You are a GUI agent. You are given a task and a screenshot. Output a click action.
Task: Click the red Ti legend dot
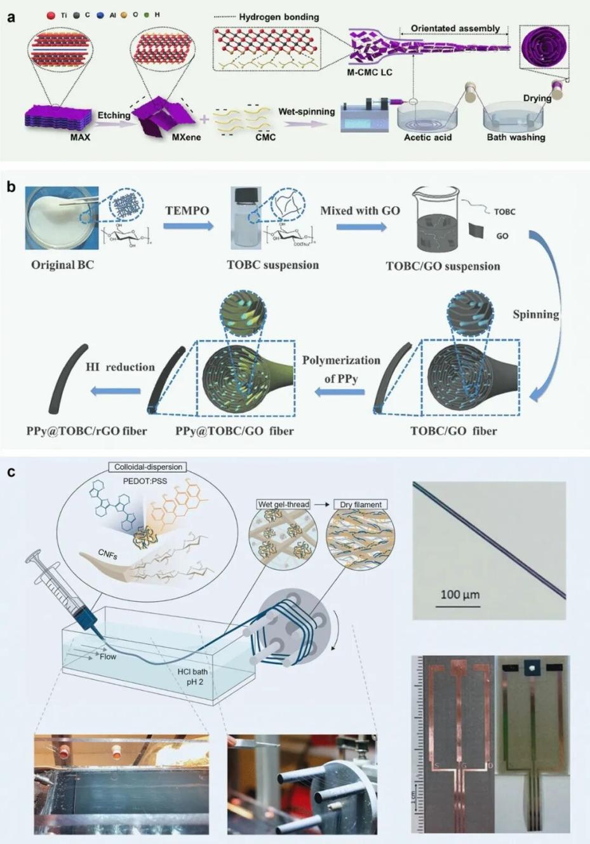tap(51, 15)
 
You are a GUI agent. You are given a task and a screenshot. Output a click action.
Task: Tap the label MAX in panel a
tap(80, 137)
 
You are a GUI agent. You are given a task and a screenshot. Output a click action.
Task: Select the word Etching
tap(114, 115)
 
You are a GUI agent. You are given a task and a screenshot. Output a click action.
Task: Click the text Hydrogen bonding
tap(279, 17)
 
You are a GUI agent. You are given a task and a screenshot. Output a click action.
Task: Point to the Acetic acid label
tap(428, 137)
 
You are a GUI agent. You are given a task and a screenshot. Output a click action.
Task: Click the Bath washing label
tap(516, 137)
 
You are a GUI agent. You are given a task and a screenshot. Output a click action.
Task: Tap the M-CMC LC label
tap(369, 72)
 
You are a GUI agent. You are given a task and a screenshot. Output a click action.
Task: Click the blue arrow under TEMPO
tap(188, 226)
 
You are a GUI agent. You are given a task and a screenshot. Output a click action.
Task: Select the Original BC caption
tap(62, 264)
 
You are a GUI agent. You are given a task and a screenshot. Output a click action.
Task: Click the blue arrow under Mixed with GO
tap(361, 226)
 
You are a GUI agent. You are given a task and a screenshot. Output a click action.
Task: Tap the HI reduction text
tap(120, 367)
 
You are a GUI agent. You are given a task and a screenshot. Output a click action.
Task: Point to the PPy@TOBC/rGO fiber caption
tap(86, 431)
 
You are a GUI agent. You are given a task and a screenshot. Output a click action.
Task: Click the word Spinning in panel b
tap(536, 314)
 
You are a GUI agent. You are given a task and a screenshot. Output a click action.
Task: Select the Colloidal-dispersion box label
tap(148, 467)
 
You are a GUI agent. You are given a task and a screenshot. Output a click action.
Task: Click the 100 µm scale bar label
tap(460, 595)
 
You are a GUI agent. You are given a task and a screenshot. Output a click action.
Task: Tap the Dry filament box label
tap(360, 505)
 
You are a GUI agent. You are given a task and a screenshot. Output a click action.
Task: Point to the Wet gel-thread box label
tap(283, 505)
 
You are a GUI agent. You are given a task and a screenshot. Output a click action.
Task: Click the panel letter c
tap(11, 473)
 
